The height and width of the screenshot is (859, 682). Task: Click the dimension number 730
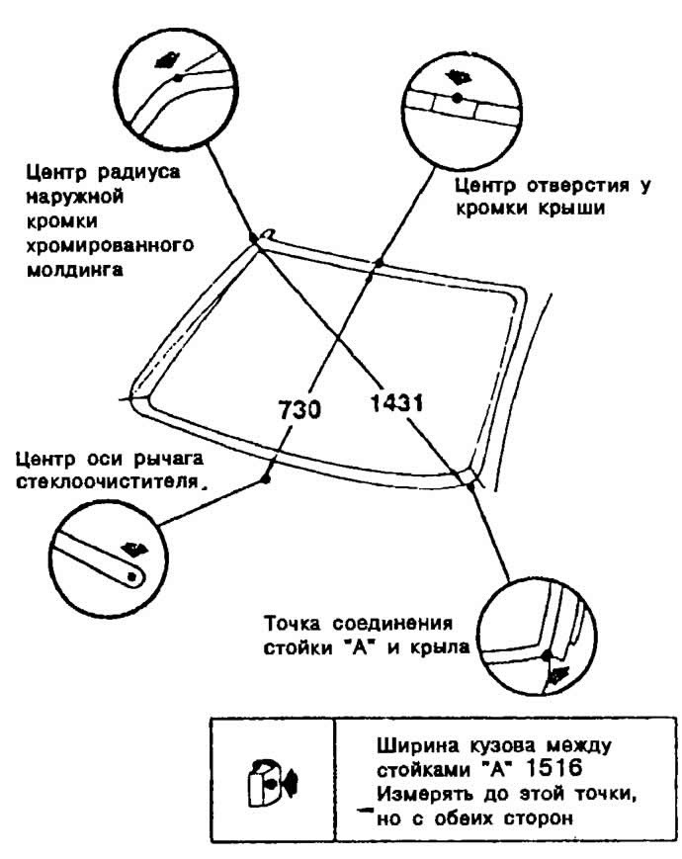point(299,410)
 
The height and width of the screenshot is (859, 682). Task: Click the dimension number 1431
point(396,403)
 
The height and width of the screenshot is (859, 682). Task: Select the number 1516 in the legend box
point(554,768)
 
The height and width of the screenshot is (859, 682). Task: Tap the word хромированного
point(110,245)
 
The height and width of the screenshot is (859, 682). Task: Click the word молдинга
point(74,270)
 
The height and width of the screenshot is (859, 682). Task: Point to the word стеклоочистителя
point(107,482)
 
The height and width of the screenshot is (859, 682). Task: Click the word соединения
point(392,624)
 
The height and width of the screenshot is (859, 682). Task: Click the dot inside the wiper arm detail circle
point(131,576)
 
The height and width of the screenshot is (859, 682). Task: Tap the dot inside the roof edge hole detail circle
point(457,98)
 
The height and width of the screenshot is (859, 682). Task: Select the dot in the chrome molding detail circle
point(177,78)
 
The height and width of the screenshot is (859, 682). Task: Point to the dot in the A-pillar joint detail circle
point(547,654)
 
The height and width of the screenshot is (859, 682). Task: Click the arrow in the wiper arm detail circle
point(134,549)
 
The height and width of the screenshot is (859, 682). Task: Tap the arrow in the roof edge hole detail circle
point(458,76)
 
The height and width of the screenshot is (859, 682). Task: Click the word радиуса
point(138,173)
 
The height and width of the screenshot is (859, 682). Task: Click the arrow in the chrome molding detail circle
point(166,59)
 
